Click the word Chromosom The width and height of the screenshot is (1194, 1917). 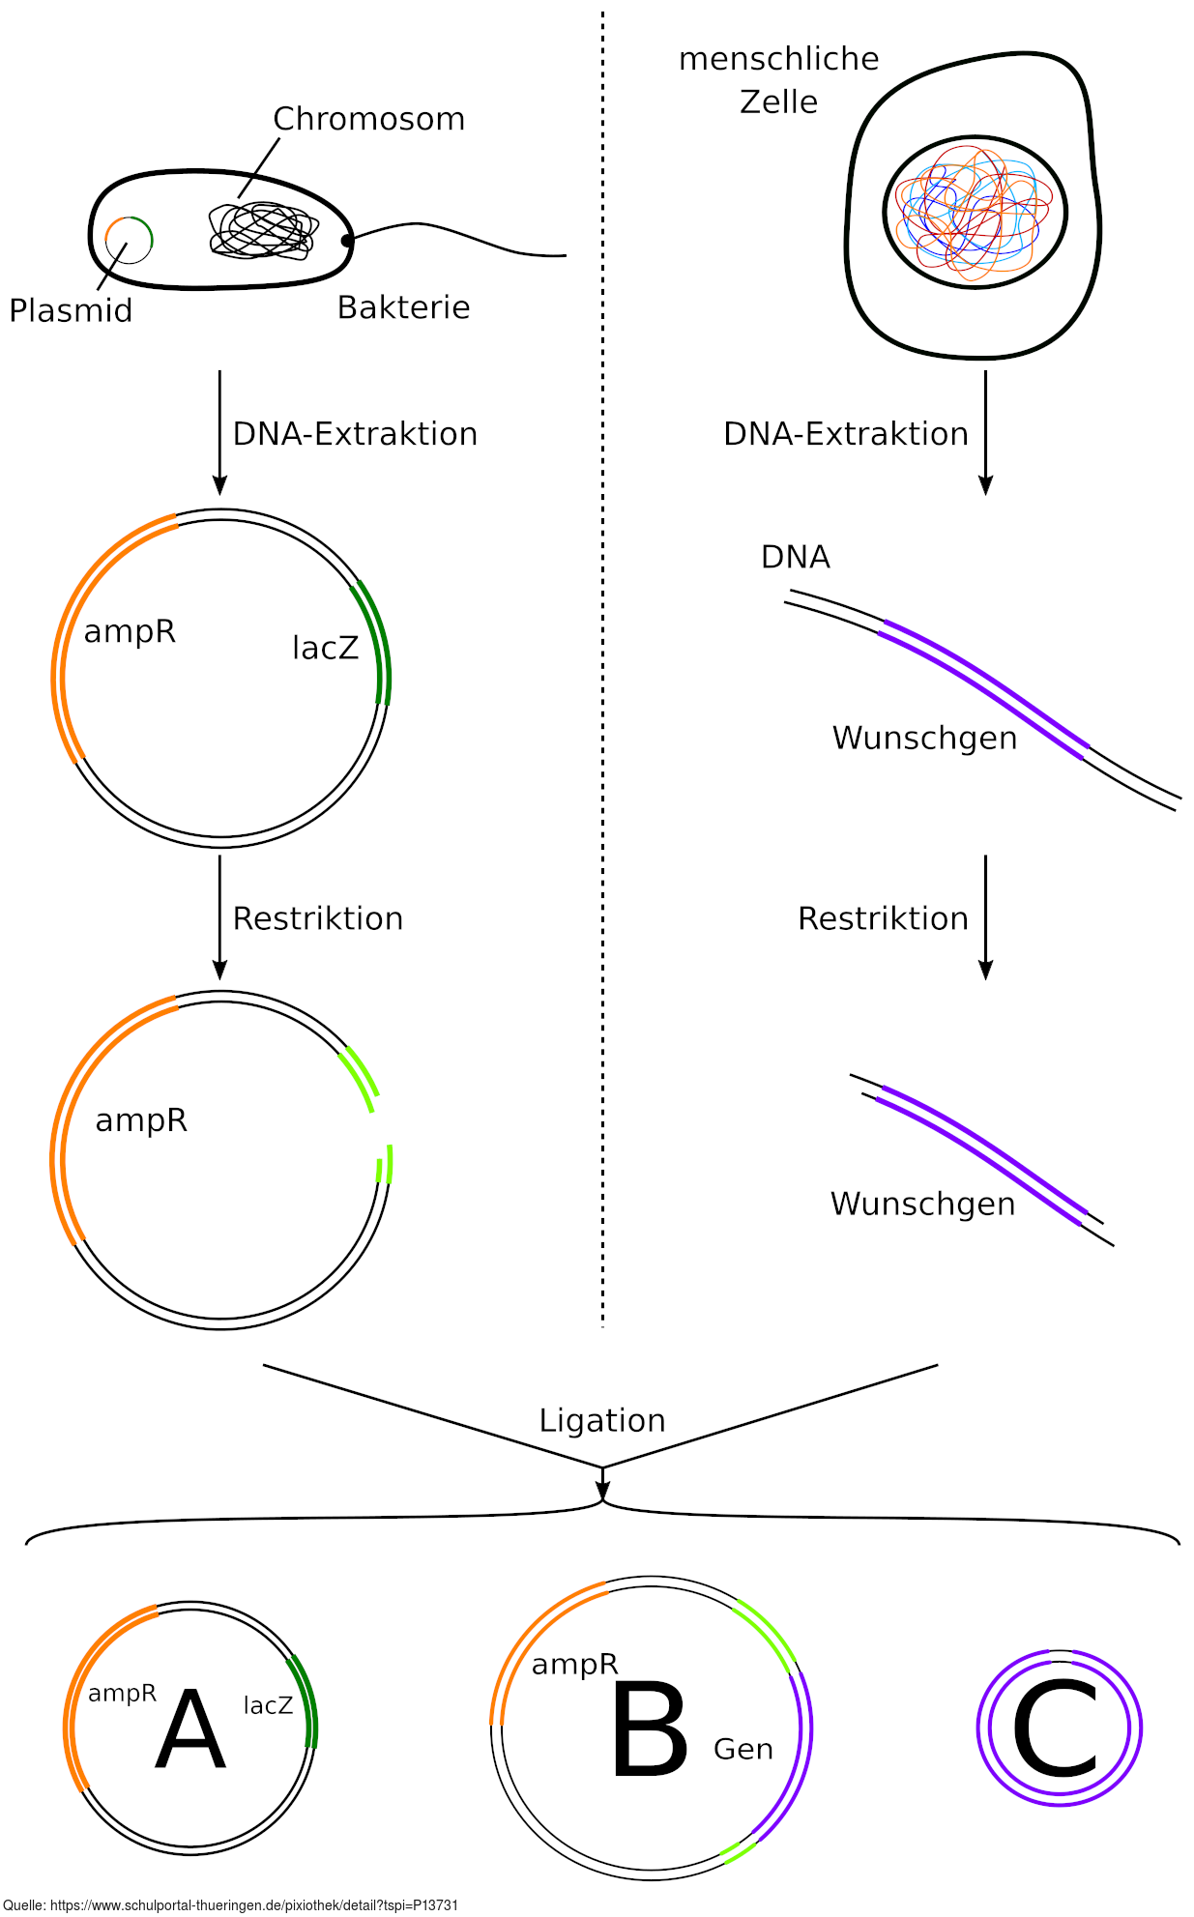coord(368,119)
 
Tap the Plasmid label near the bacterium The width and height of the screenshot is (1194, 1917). coord(71,310)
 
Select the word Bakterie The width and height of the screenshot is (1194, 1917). coord(403,307)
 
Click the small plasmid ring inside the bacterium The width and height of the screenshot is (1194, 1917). coord(130,239)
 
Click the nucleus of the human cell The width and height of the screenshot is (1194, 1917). coord(975,212)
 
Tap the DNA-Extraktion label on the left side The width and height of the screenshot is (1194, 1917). coord(355,434)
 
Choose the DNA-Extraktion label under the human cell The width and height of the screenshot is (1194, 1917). coord(845,434)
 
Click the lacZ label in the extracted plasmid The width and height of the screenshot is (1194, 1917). coord(325,648)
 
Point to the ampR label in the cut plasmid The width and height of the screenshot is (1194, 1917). coord(141,1120)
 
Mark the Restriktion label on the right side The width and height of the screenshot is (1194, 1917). coord(883,918)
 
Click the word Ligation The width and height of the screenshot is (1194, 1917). coord(602,1420)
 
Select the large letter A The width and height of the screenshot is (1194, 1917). coord(190,1731)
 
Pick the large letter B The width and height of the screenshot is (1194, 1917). coord(650,1731)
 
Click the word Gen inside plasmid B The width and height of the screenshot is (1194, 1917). coord(743,1749)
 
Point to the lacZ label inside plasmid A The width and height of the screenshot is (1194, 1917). coord(268,1705)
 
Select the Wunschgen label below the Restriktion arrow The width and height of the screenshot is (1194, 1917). coord(922,1205)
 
